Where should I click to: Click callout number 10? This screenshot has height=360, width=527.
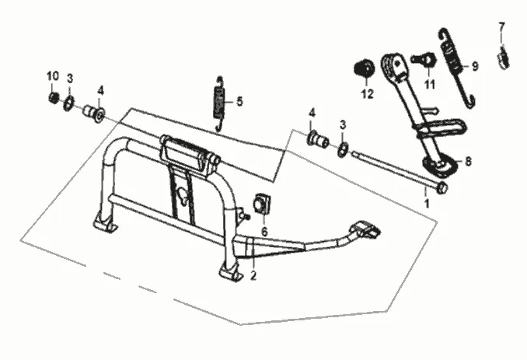(x=53, y=75)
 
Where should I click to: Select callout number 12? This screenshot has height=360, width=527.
(x=367, y=95)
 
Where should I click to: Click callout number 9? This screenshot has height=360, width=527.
(x=474, y=67)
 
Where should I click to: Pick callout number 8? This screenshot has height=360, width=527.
(x=467, y=161)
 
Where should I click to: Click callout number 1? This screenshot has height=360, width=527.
(x=426, y=203)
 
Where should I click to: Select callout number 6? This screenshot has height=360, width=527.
(x=263, y=232)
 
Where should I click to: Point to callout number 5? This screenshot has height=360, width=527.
(x=239, y=101)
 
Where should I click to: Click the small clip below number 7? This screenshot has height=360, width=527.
(x=504, y=56)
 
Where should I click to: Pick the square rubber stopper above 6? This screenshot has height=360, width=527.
(x=262, y=204)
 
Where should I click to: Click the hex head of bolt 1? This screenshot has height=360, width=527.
(x=441, y=188)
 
